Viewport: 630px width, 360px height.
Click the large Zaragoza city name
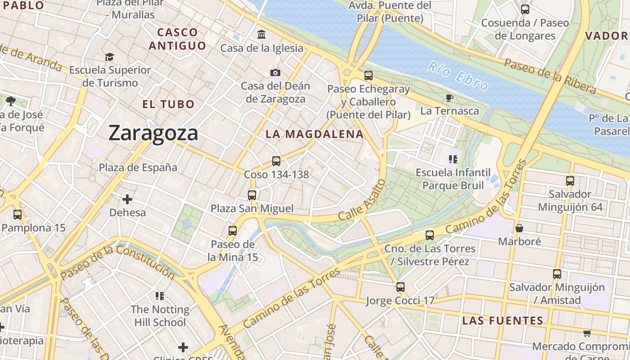click(153, 133)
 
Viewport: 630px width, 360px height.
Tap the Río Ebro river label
click(458, 76)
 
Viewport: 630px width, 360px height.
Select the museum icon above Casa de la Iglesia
click(261, 34)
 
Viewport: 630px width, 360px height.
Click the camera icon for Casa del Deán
click(275, 72)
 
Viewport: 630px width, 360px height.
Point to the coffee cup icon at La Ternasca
click(449, 98)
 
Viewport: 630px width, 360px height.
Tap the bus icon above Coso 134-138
click(276, 161)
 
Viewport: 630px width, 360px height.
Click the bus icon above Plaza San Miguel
click(252, 195)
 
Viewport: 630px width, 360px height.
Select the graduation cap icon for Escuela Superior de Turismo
click(109, 57)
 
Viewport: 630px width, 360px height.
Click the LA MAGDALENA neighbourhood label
click(314, 134)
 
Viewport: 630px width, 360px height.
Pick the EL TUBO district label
click(168, 104)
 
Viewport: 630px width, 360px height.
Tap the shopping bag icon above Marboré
click(519, 228)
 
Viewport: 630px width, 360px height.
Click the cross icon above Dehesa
click(127, 199)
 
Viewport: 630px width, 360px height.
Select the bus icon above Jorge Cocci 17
click(400, 287)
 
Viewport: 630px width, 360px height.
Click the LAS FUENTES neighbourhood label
click(503, 321)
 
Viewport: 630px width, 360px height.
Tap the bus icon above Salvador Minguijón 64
click(570, 181)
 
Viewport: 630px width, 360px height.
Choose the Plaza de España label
click(138, 167)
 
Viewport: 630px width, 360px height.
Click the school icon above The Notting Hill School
click(160, 296)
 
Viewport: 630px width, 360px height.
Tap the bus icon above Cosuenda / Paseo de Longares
click(525, 9)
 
